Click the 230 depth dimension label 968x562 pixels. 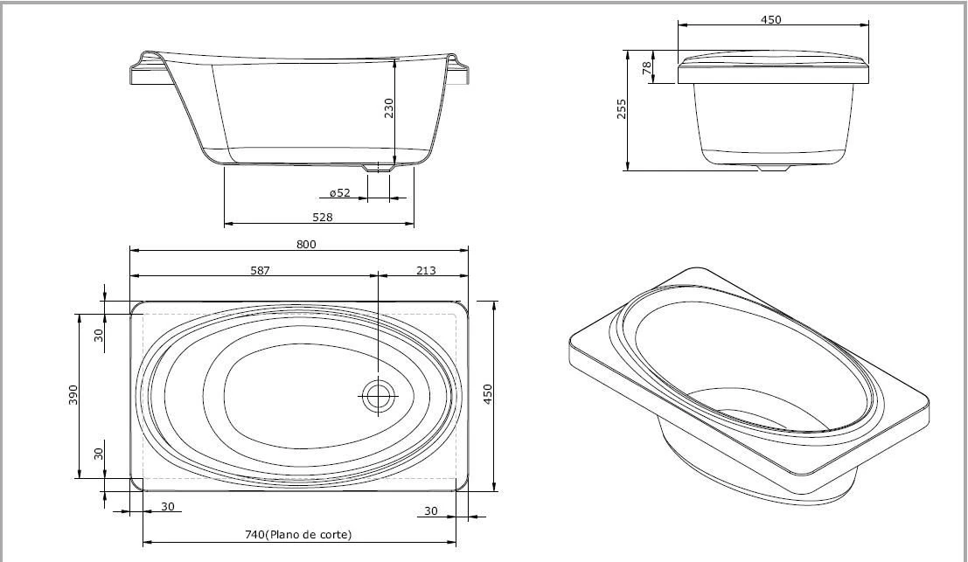click(x=389, y=108)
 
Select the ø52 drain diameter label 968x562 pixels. click(x=340, y=192)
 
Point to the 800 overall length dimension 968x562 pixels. click(x=305, y=244)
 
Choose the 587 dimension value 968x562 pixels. click(x=260, y=270)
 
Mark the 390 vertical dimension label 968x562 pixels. click(x=73, y=395)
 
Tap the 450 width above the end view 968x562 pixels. click(x=770, y=19)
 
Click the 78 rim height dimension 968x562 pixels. click(x=648, y=68)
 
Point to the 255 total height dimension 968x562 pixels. click(x=622, y=109)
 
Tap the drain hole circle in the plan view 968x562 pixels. click(x=379, y=396)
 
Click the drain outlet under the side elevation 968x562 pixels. click(x=379, y=167)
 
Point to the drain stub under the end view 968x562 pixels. click(x=773, y=168)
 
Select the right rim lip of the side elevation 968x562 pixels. click(x=458, y=70)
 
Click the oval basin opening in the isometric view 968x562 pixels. click(x=752, y=367)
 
